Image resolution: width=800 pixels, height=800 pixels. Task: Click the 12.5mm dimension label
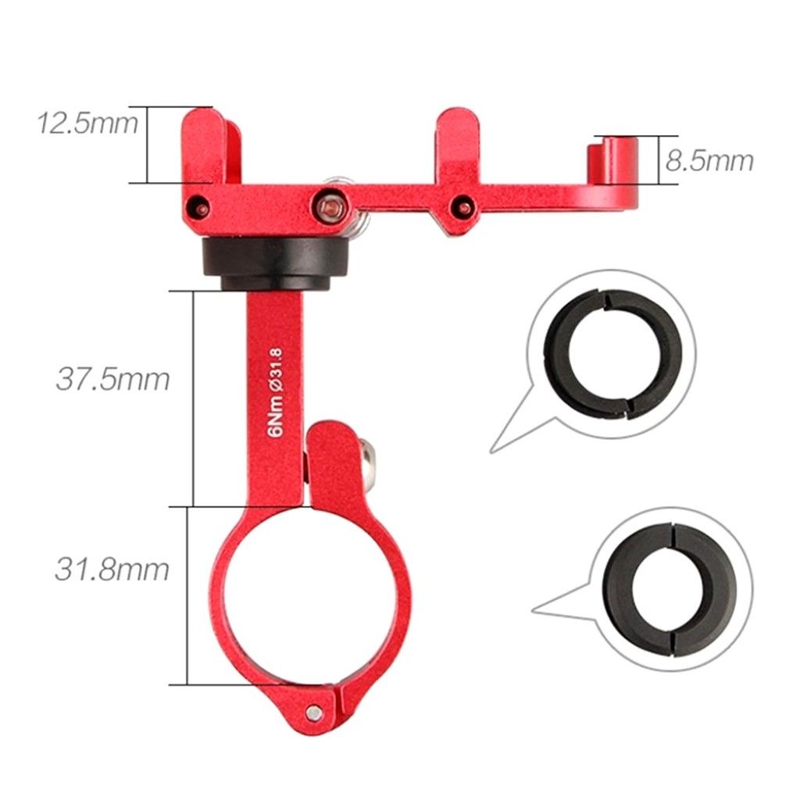tap(87, 123)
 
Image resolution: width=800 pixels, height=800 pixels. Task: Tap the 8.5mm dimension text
tap(709, 161)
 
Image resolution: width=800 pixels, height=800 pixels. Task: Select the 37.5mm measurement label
tap(112, 379)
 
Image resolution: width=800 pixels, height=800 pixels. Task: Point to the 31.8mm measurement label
tap(112, 570)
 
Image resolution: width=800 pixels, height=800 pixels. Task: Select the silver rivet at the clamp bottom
tap(315, 712)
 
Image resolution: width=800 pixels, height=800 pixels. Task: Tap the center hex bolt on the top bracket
tap(331, 207)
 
